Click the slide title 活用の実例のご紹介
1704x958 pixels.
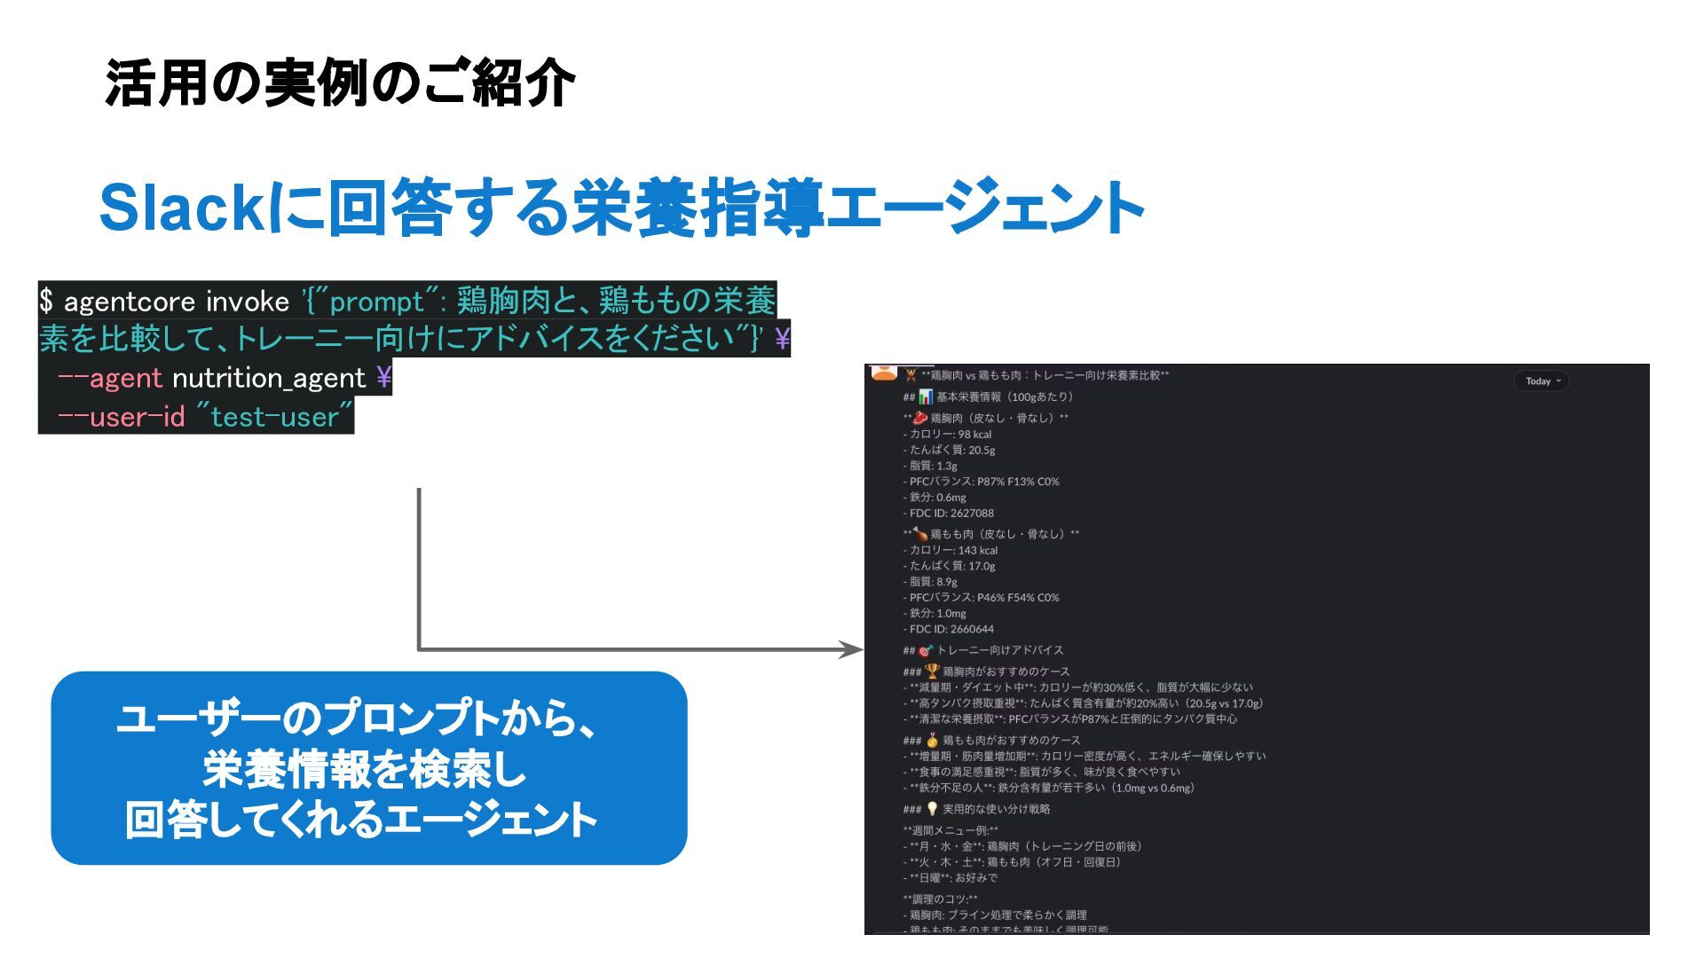tap(340, 84)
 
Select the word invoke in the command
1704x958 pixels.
tap(248, 302)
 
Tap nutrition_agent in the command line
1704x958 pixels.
tap(269, 379)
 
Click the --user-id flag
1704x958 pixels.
tap(121, 417)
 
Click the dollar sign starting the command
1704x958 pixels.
tap(46, 302)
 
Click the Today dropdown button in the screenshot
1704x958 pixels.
tap(1542, 381)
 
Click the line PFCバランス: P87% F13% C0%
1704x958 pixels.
tap(984, 482)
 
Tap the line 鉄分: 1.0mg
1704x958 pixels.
tap(937, 614)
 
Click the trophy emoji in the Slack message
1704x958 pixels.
tap(932, 671)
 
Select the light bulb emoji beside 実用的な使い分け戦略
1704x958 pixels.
tap(932, 809)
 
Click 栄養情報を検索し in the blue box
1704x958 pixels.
tap(365, 770)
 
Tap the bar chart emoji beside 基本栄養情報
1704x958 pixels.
tap(926, 397)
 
